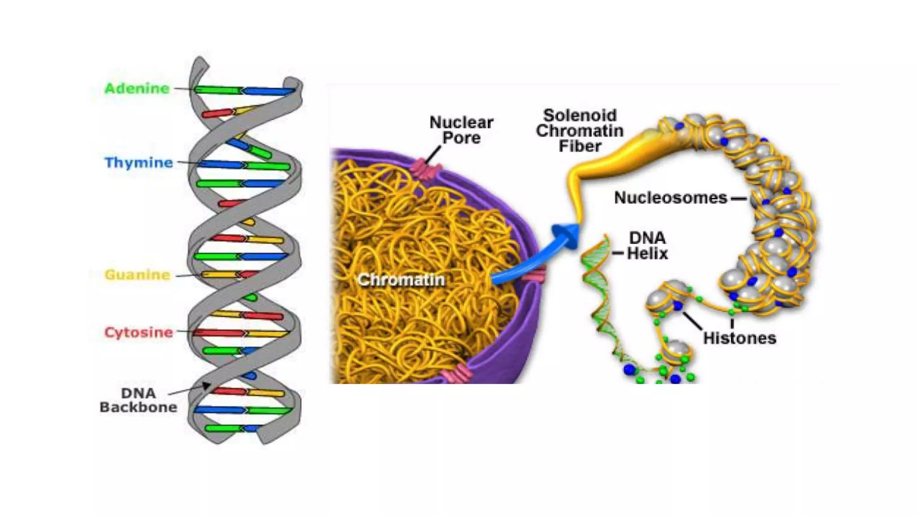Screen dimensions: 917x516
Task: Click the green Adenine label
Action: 137,88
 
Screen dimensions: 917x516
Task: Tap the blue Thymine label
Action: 138,162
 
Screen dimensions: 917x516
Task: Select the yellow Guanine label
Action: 137,275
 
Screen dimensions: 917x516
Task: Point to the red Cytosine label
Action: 138,332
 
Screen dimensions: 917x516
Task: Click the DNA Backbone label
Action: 138,400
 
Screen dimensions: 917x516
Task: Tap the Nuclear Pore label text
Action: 461,130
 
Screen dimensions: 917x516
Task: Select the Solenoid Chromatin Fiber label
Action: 580,130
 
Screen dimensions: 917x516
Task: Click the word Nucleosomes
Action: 670,198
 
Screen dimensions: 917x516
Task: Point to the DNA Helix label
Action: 647,245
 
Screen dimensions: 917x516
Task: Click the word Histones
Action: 739,338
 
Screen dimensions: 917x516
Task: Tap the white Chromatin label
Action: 401,280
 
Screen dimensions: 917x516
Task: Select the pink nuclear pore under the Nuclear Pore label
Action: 425,170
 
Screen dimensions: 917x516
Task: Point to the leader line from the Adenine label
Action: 183,89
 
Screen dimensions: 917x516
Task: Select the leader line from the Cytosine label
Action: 184,332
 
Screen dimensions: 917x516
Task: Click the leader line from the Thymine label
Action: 187,162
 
